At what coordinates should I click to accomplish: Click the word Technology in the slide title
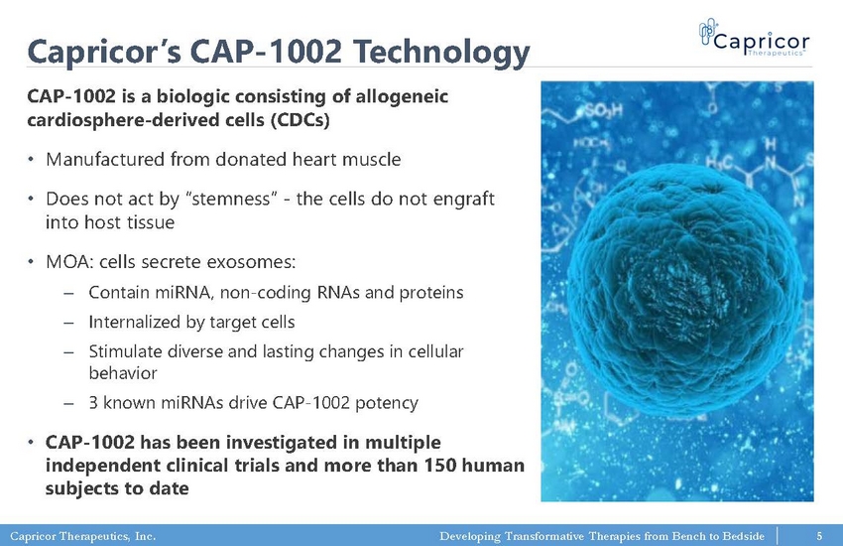point(441,53)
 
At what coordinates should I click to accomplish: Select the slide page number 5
point(819,536)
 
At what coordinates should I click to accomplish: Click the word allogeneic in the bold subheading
point(402,96)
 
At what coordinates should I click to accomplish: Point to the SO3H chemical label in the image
point(603,111)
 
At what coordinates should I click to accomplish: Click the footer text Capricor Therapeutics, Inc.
point(82,536)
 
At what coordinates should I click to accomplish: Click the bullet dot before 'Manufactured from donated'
point(31,159)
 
